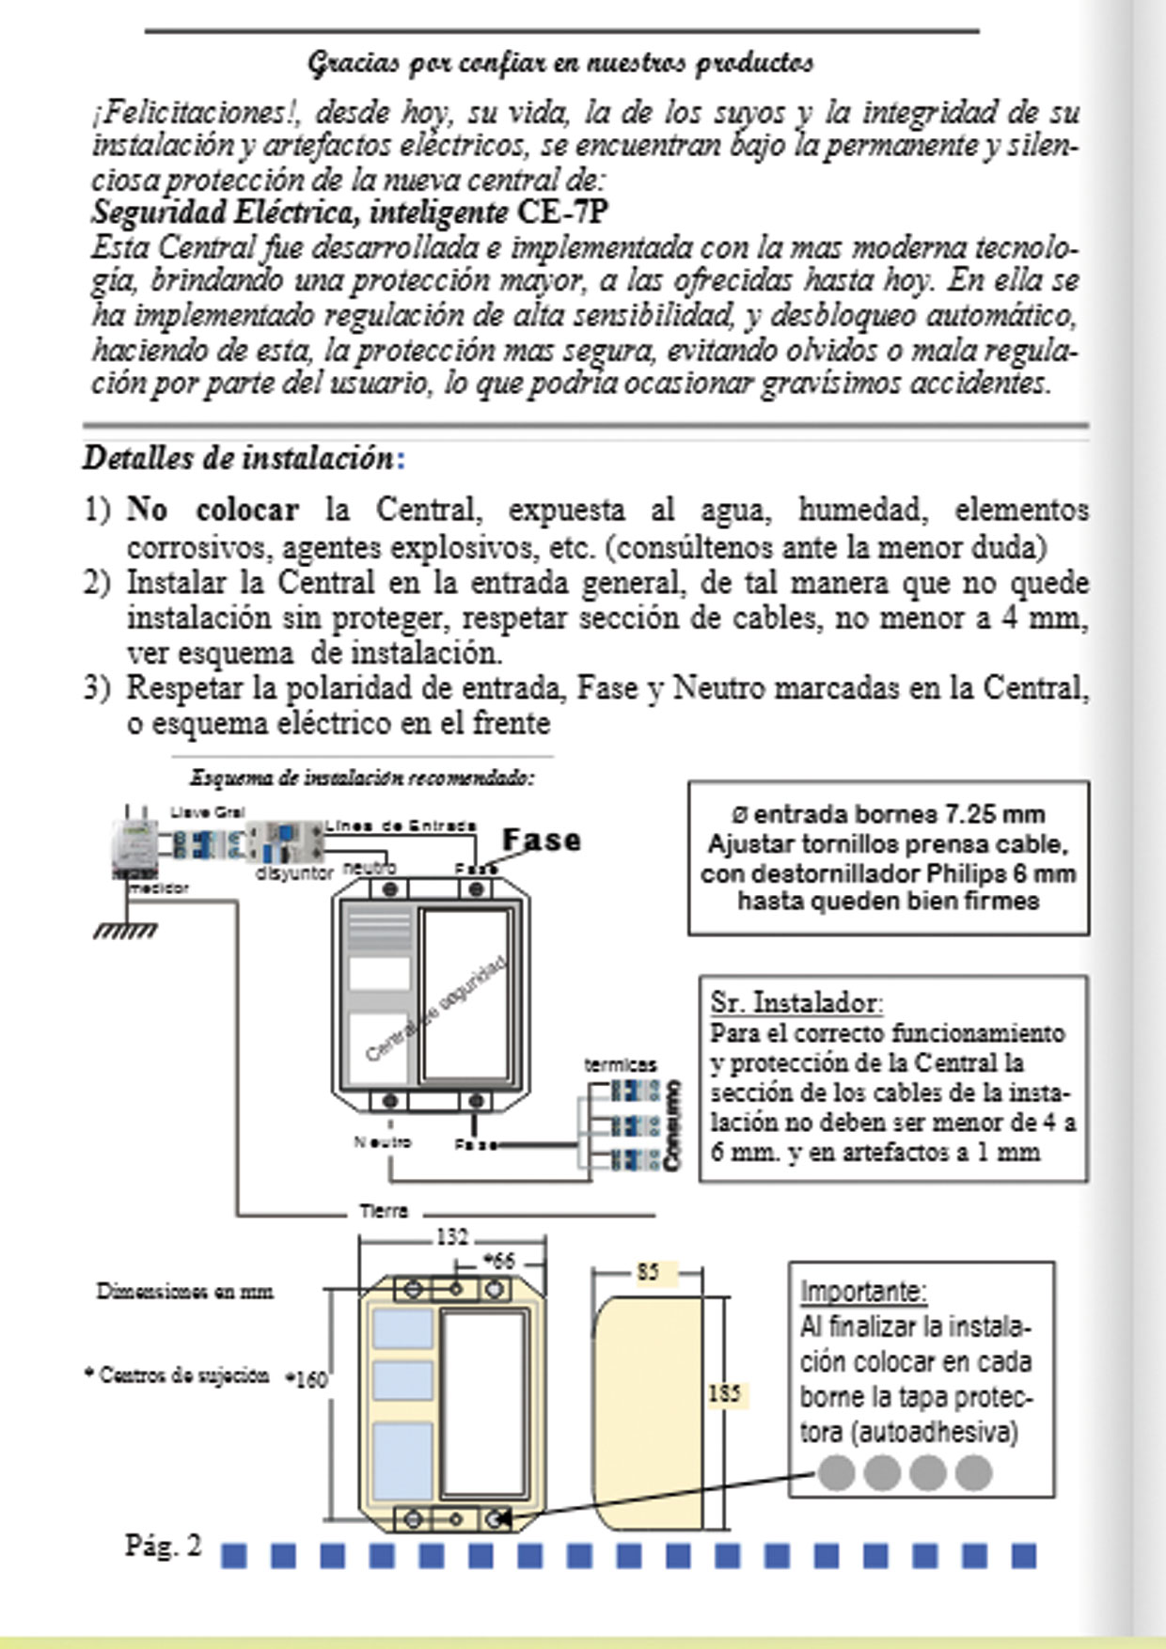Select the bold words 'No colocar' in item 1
pos(213,510)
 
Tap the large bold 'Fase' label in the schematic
pos(541,840)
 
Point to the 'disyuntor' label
pos(294,873)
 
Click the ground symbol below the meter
pos(125,930)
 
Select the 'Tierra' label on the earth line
pos(384,1211)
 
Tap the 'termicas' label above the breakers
pos(620,1065)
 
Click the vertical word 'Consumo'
pos(671,1125)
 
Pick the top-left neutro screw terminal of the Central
pos(392,888)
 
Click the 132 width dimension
pos(451,1237)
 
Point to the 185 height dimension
pos(724,1392)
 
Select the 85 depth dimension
pos(648,1273)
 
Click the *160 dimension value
pos(307,1379)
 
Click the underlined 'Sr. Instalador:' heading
pos(796,1003)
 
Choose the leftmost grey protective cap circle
pos(836,1472)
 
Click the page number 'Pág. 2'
pos(164,1546)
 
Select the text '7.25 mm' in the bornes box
pos(995,814)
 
